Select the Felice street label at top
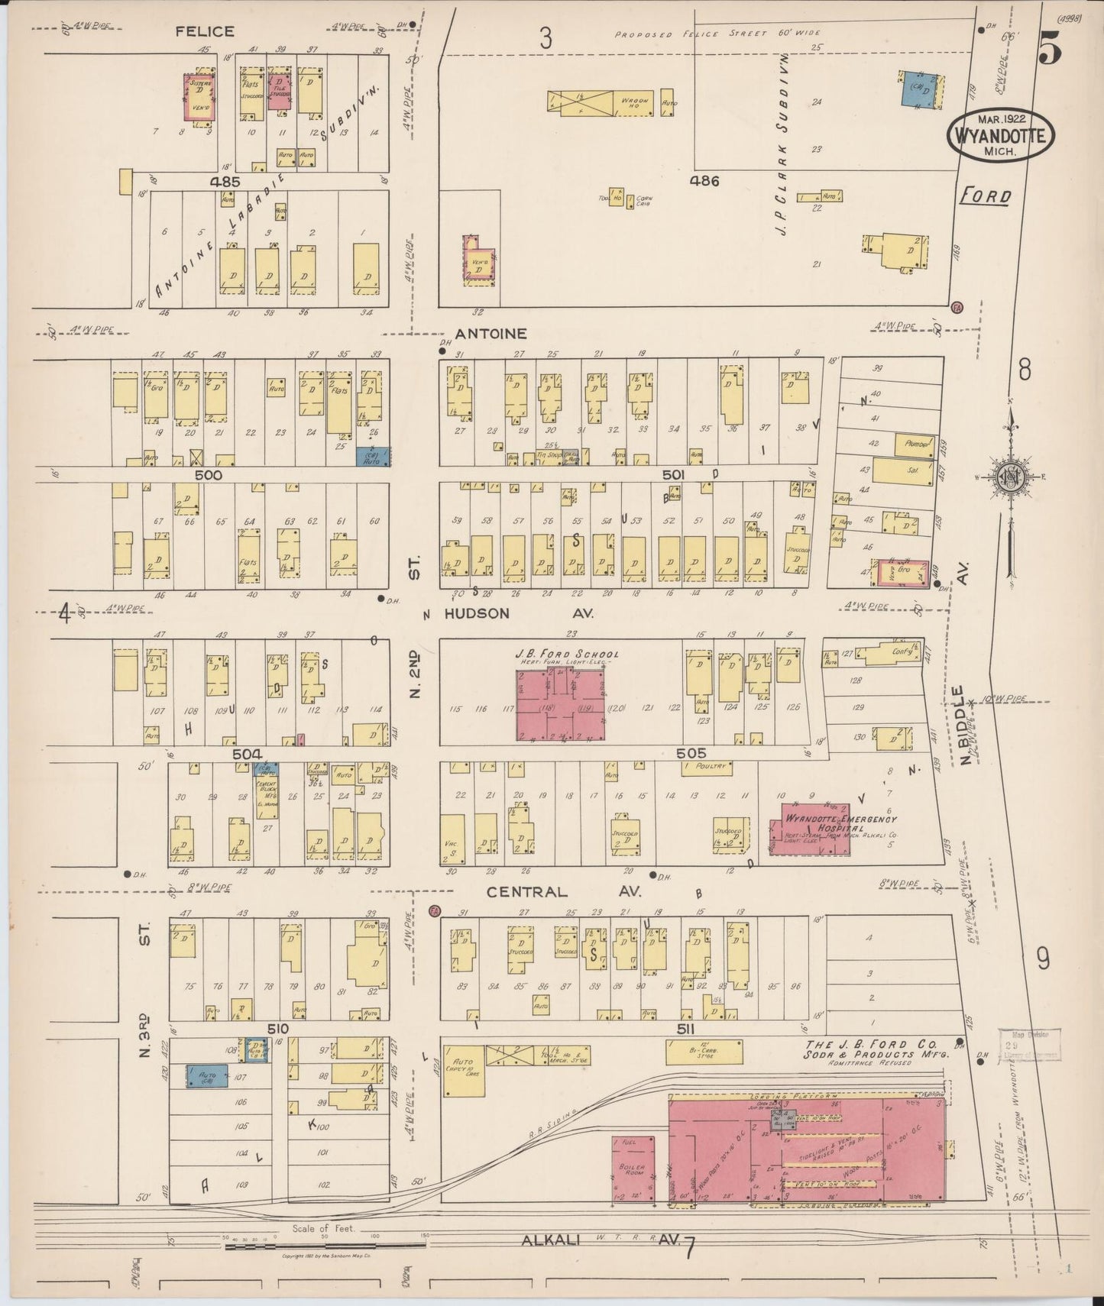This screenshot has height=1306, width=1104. (204, 31)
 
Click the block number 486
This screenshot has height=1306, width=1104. (704, 181)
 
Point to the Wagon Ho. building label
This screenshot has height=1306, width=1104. (634, 102)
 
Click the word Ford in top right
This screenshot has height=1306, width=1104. (985, 197)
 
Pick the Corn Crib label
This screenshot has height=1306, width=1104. (643, 202)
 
